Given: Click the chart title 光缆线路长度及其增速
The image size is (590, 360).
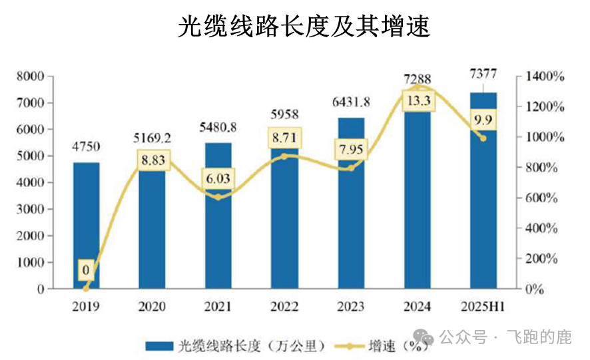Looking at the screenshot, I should point(295,26).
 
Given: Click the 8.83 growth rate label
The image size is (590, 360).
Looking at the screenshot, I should point(152,160).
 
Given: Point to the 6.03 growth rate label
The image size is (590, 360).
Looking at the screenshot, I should point(218,180).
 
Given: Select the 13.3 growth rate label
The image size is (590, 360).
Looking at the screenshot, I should point(418,100).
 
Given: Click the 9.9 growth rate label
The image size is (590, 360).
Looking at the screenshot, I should point(483,120).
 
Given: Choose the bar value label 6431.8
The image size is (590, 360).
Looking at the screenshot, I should point(351,102).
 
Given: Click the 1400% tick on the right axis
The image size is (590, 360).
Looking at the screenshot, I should point(545,77).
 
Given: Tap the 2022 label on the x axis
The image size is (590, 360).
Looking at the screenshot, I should point(285,307).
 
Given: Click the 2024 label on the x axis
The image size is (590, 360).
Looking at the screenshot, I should point(418,307).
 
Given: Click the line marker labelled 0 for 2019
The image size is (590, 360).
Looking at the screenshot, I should point(86,289).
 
